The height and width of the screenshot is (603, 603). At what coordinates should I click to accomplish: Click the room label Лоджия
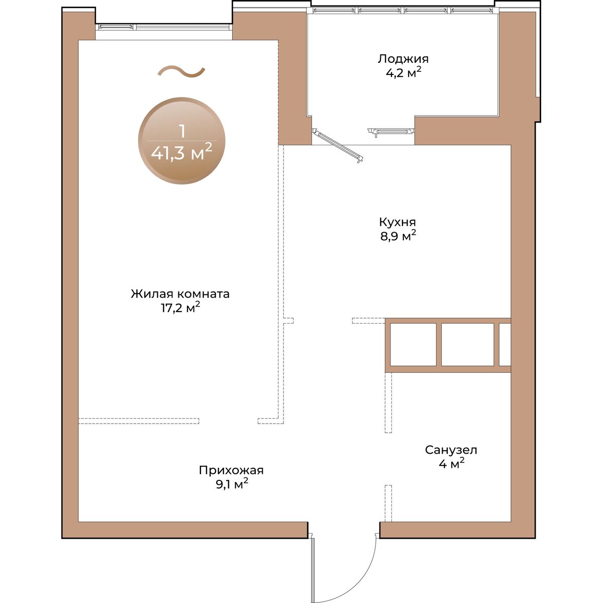403,59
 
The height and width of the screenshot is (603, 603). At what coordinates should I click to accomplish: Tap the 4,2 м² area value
403,72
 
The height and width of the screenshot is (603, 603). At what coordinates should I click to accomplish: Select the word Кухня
397,222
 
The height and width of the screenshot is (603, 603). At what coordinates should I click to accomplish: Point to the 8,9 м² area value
398,236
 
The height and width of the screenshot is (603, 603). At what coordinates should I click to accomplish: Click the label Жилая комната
180,294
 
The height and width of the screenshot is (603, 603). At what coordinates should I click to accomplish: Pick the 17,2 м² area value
180,308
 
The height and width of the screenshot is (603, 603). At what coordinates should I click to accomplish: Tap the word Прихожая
231,470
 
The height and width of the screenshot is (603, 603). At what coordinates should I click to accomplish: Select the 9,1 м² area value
232,484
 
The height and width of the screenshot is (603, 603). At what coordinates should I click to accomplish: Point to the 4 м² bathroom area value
451,464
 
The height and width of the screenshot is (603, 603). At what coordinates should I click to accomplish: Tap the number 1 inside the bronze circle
182,132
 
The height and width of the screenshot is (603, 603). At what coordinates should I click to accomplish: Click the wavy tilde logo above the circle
181,72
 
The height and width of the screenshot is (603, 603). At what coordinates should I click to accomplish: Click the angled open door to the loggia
338,146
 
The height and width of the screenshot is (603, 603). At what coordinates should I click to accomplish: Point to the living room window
164,27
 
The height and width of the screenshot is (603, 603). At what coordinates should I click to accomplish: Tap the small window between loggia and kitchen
391,132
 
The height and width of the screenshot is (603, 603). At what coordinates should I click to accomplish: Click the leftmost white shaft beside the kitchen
413,344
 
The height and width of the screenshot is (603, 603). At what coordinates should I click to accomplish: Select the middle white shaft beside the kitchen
467,344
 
